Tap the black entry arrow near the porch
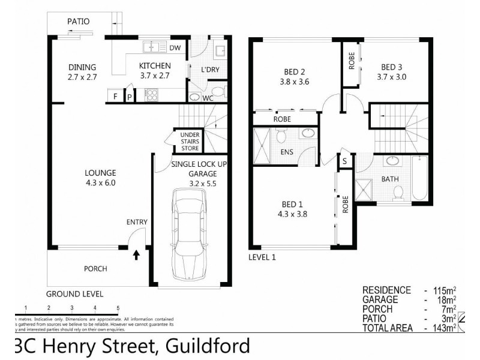(x=136, y=255)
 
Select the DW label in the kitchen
(x=175, y=47)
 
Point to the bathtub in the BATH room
(x=419, y=179)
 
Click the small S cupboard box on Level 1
(x=345, y=161)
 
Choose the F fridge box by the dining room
(x=115, y=96)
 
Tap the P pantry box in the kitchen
(x=130, y=96)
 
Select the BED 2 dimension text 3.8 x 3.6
(x=294, y=82)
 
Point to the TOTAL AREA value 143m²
(x=442, y=328)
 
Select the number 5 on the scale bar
(x=118, y=308)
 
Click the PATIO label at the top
(x=78, y=21)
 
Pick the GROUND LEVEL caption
(x=75, y=294)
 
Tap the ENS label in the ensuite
(x=287, y=152)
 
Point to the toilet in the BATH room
(x=397, y=191)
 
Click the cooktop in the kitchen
(x=151, y=95)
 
